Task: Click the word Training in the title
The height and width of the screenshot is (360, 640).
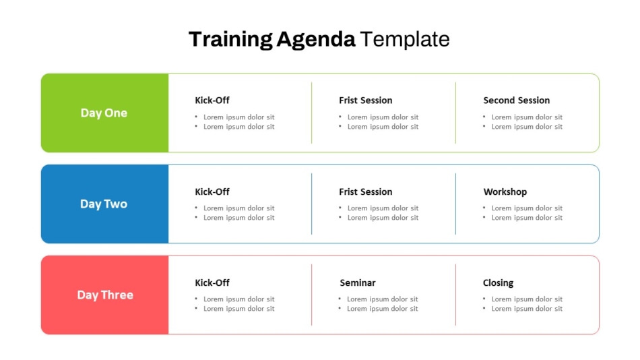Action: [230, 40]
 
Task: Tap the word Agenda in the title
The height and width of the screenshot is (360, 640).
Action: [315, 40]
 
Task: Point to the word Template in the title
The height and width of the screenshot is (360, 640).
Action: [404, 40]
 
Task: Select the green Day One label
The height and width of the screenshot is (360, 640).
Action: [104, 113]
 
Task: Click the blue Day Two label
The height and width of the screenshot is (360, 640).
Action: [104, 204]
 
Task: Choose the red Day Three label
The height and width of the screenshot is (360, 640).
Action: [105, 295]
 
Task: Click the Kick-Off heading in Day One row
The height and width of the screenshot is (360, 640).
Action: [212, 100]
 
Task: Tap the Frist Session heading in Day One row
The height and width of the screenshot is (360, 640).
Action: [365, 100]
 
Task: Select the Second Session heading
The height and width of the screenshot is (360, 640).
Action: [516, 100]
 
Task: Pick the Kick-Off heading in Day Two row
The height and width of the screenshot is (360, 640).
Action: [212, 191]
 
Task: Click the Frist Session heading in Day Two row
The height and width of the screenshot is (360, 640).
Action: [365, 191]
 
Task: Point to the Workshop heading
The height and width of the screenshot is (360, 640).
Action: [505, 192]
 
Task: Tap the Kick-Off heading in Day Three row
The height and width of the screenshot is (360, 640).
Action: [212, 282]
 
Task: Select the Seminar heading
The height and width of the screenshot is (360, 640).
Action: [357, 282]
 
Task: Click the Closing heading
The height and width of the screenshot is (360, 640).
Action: [498, 283]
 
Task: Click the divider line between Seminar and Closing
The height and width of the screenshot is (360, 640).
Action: [455, 295]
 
